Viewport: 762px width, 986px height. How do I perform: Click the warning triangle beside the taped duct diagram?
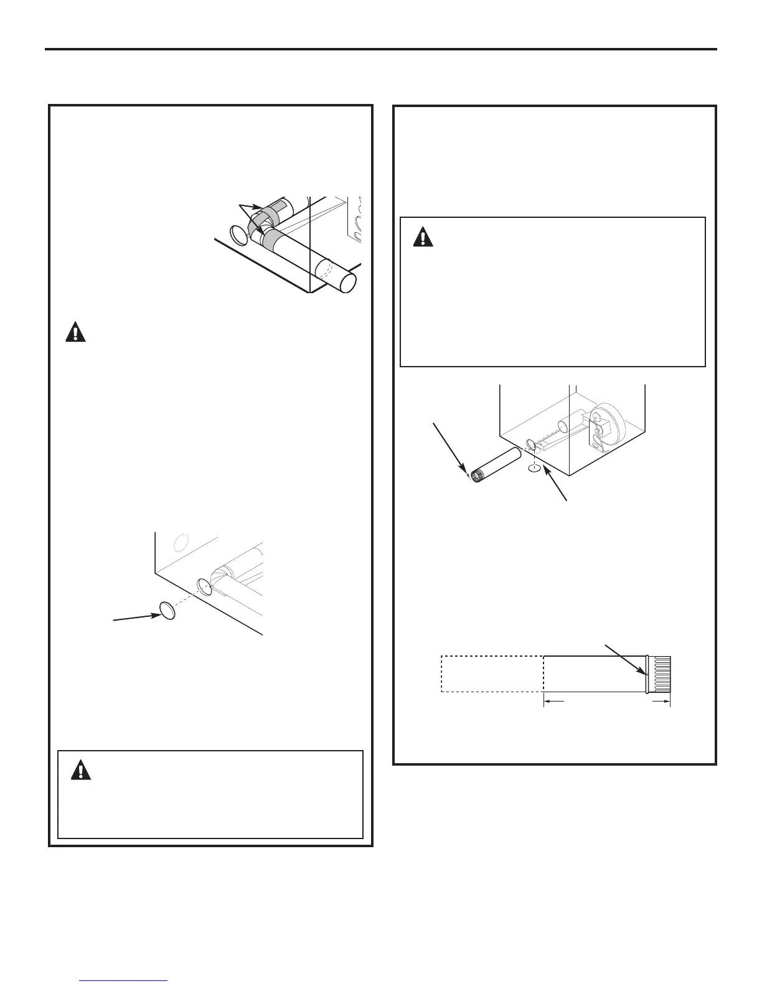point(76,332)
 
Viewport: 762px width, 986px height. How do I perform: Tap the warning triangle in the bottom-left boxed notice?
point(80,771)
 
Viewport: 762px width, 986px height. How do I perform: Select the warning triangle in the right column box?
point(424,237)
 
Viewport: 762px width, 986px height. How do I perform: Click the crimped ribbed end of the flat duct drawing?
point(661,674)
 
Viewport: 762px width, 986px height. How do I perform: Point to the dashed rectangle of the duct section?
point(492,674)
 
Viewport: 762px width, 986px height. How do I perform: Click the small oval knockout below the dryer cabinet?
point(534,468)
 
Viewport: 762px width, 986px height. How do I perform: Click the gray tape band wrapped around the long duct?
point(275,238)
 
